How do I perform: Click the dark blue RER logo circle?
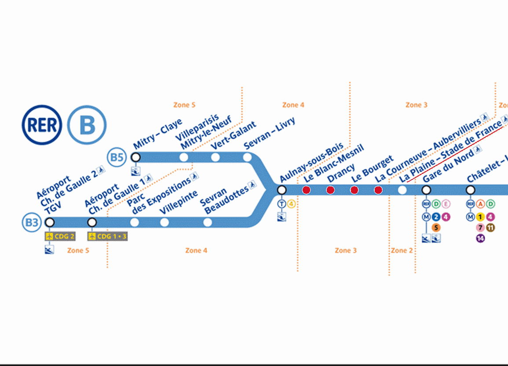click(x=42, y=125)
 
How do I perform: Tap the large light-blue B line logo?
click(x=87, y=125)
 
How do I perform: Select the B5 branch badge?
click(x=117, y=157)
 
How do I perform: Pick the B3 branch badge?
click(x=32, y=222)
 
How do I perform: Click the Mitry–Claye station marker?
click(x=136, y=157)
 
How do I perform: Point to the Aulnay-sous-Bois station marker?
click(x=281, y=190)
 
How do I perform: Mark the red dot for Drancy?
click(x=330, y=190)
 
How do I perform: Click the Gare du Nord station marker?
click(x=426, y=190)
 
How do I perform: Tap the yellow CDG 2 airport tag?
click(x=60, y=236)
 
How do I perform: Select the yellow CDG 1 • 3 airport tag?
click(x=107, y=236)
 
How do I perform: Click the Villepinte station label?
click(x=179, y=202)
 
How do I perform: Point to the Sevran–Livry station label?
click(x=269, y=133)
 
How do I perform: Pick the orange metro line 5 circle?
click(x=436, y=228)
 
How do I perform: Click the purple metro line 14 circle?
click(x=480, y=239)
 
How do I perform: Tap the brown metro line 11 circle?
click(x=490, y=228)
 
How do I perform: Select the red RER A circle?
click(x=480, y=204)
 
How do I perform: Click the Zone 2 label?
click(x=402, y=250)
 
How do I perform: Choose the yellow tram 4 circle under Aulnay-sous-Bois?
click(x=291, y=204)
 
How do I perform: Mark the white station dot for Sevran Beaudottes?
click(x=208, y=222)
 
